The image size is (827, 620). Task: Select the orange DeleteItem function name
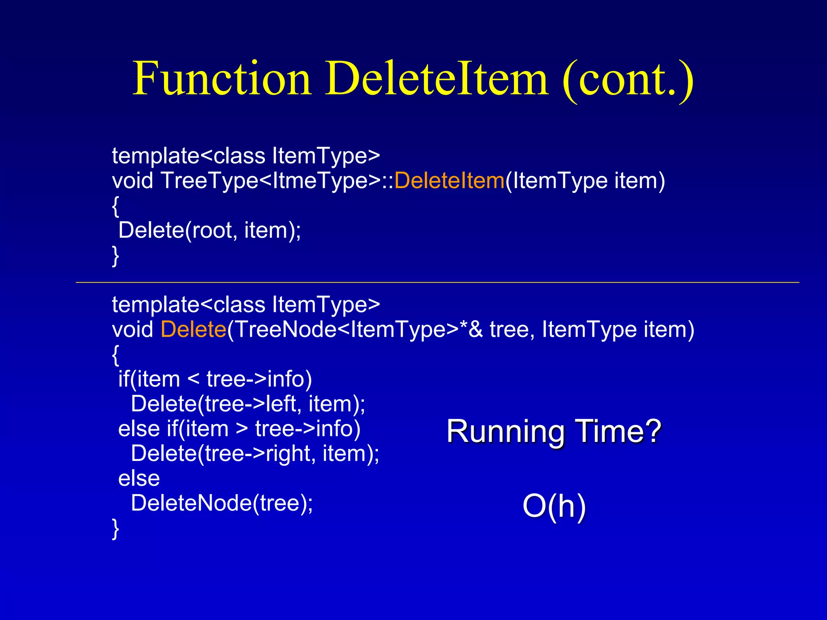coord(449,180)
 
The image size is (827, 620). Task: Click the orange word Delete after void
coord(193,329)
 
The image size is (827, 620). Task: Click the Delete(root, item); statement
coord(210,230)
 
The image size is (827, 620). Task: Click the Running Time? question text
coord(554,431)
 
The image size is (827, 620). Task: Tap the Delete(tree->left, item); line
coord(248,404)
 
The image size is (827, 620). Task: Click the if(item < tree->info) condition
coord(215,379)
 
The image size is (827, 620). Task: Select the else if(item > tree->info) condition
coord(239,429)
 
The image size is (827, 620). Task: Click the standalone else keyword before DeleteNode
coord(139,479)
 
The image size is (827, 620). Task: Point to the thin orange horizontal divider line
coord(437,283)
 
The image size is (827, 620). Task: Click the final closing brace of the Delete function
coord(115,528)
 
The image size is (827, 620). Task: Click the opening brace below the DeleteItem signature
coord(115,206)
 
